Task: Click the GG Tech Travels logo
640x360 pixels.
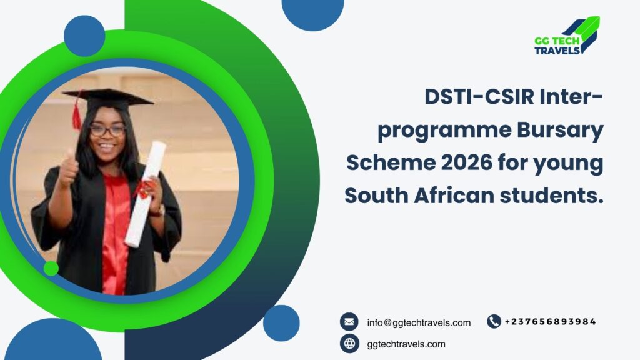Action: coord(567,36)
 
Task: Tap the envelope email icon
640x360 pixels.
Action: coord(349,322)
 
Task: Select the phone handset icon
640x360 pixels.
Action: coord(494,322)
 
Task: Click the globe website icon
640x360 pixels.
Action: coord(349,344)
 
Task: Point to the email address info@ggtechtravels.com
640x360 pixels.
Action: coord(419,323)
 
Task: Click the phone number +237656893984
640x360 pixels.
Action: coord(551,322)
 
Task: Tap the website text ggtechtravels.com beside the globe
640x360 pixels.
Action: coord(406,344)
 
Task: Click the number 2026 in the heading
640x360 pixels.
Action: coord(466,162)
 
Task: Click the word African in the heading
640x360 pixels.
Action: coord(454,195)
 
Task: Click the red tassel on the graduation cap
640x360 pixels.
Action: coord(76,116)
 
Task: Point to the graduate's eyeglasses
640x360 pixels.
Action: coord(107,130)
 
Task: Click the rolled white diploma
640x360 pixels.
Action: coord(145,194)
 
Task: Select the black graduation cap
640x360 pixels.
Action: coord(107,99)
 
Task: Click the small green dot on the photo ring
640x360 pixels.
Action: coord(51,268)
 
